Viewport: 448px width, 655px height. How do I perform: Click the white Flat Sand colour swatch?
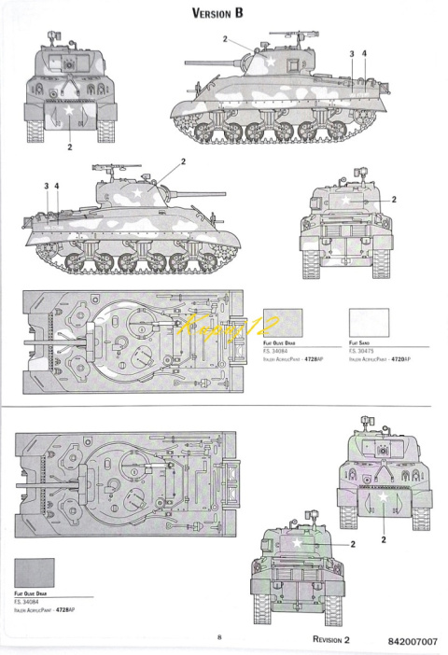pyautogui.click(x=368, y=324)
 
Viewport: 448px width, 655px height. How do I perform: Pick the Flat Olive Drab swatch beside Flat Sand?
pyautogui.click(x=284, y=324)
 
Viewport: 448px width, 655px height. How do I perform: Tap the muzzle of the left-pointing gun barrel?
pyautogui.click(x=187, y=61)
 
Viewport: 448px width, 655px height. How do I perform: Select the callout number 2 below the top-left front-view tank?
pyautogui.click(x=70, y=147)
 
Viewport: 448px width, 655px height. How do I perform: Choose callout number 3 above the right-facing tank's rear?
pyautogui.click(x=351, y=54)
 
